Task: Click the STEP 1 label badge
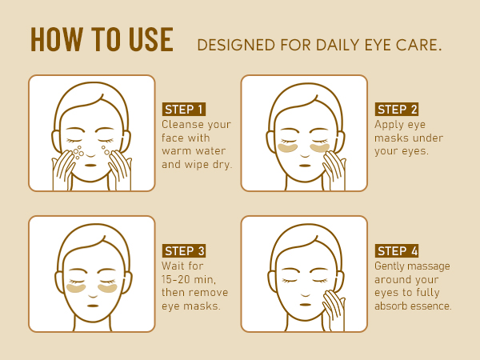[184, 110]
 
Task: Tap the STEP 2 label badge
[397, 110]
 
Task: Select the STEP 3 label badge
[184, 251]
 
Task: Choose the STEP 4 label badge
[397, 251]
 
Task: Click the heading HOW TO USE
[102, 39]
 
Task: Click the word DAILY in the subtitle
[338, 45]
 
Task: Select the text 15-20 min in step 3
[189, 279]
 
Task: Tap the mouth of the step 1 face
[90, 166]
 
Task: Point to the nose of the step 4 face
[306, 295]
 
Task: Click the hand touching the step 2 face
[334, 170]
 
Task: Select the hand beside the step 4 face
[334, 310]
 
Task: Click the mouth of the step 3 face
[93, 306]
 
